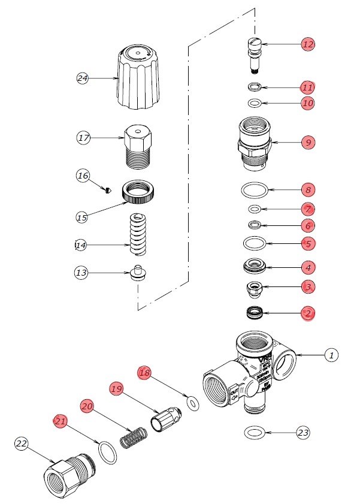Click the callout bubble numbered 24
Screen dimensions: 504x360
point(83,78)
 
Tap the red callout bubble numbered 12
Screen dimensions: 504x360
point(308,44)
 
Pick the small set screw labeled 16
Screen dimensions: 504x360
point(107,190)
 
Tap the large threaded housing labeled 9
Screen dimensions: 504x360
point(256,143)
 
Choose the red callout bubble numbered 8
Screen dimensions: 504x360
point(308,190)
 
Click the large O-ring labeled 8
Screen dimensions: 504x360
point(254,190)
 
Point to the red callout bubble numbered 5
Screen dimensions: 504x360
point(308,244)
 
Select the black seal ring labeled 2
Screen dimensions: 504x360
point(256,312)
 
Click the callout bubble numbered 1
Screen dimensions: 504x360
point(331,355)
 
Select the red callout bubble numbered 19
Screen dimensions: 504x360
point(116,389)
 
